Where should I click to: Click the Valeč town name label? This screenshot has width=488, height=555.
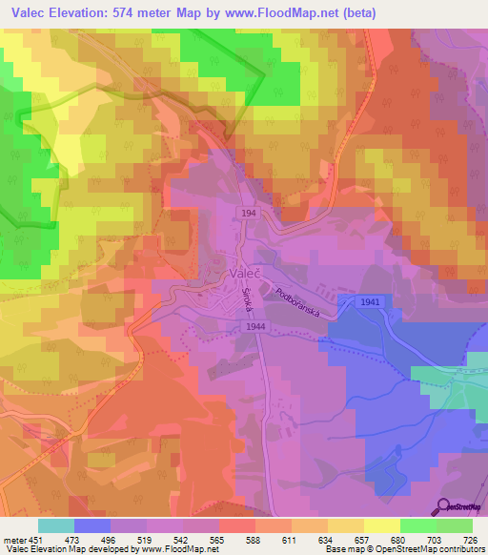(x=243, y=273)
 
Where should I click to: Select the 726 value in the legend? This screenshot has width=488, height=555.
(x=467, y=538)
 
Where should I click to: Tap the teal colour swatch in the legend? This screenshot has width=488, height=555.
(x=56, y=525)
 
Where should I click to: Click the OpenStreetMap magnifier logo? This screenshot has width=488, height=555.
(x=444, y=507)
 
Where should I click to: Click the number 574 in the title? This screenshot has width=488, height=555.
(x=152, y=13)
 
